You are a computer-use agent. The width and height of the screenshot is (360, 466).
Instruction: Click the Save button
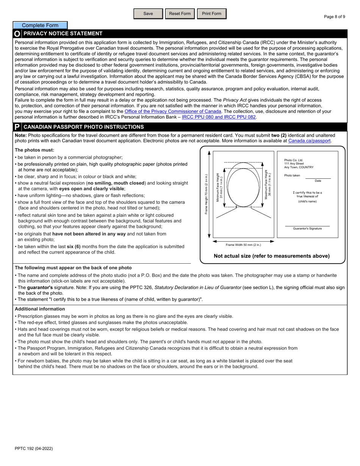pyautogui.click(x=148, y=14)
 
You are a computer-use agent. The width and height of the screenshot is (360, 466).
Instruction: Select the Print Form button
pyautogui.click(x=211, y=14)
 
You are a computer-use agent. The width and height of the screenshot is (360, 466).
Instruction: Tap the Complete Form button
pyautogui.click(x=40, y=25)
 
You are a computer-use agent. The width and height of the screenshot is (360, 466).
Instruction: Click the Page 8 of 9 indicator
pyautogui.click(x=334, y=17)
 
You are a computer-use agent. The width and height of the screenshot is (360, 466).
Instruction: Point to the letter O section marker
pyautogui.click(x=17, y=34)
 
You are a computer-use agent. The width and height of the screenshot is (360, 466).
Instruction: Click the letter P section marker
pyautogui.click(x=17, y=127)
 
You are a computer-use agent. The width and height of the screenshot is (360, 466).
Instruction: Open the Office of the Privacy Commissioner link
pyautogui.click(x=173, y=111)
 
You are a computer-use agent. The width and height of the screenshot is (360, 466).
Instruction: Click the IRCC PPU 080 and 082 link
pyautogui.click(x=219, y=117)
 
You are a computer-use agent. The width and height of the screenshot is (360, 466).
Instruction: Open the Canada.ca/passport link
pyautogui.click(x=309, y=141)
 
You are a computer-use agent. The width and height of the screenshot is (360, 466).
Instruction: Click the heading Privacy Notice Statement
pyautogui.click(x=63, y=34)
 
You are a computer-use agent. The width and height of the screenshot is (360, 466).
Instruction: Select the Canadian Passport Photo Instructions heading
pyautogui.click(x=83, y=127)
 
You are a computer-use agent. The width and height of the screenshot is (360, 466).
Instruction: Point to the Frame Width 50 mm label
pyautogui.click(x=243, y=245)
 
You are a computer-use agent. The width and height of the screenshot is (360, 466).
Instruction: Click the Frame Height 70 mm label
pyautogui.click(x=207, y=194)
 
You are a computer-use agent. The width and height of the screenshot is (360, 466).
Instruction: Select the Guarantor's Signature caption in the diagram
pyautogui.click(x=307, y=228)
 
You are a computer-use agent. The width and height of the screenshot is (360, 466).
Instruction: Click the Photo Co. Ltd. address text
pyautogui.click(x=299, y=164)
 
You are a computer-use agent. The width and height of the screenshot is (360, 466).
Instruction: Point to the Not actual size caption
pyautogui.click(x=272, y=256)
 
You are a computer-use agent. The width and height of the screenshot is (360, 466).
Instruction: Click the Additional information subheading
pyautogui.click(x=40, y=309)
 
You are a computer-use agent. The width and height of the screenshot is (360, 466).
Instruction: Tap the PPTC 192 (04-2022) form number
pyautogui.click(x=34, y=449)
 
